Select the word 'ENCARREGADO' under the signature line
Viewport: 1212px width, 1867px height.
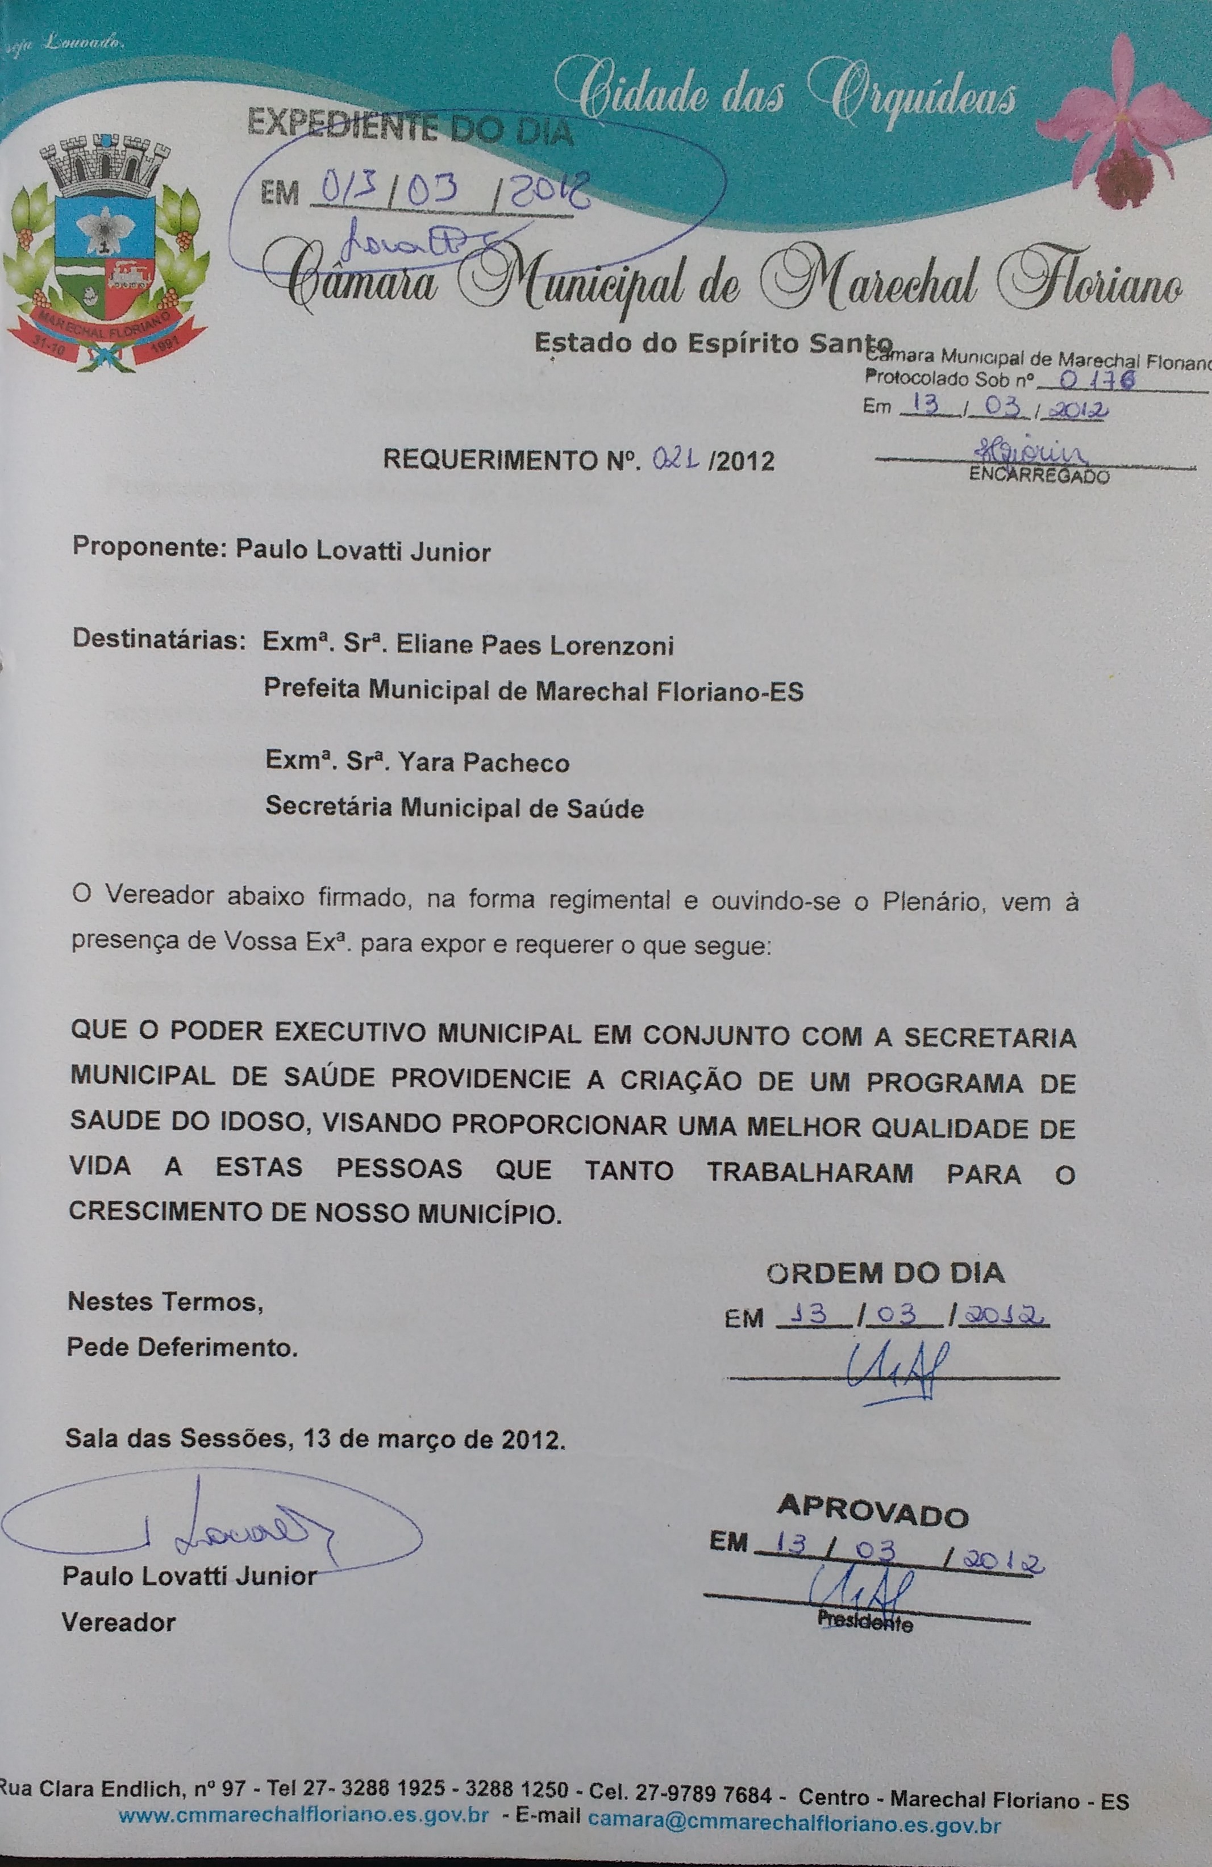(1039, 476)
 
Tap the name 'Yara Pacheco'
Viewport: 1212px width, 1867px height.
(483, 762)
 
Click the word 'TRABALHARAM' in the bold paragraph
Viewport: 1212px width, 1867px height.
(810, 1173)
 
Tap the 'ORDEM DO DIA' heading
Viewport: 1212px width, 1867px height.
(885, 1272)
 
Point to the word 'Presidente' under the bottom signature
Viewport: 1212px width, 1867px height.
(864, 1620)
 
